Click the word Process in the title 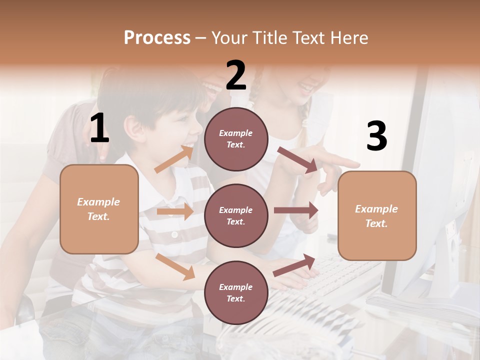coord(157,38)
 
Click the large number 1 coord(99,128)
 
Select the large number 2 coord(236,75)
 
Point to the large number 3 coord(376,136)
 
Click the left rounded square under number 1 coord(99,209)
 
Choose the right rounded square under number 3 coord(377,215)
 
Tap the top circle coord(236,139)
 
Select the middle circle coord(236,215)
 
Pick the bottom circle coord(236,292)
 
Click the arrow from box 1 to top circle coord(174,158)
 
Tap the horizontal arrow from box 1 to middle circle coord(175,211)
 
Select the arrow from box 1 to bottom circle coord(175,266)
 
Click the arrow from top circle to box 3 coord(297,160)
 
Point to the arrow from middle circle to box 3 coord(296,210)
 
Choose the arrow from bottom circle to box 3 coord(294,265)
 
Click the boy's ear coord(133,128)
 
